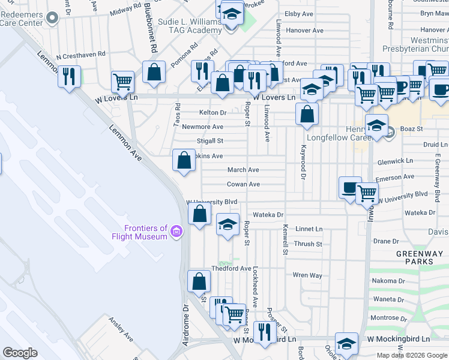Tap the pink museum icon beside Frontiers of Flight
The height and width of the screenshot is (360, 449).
(x=176, y=232)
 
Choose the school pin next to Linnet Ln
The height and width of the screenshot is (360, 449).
(x=228, y=224)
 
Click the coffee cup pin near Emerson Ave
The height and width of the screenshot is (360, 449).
(x=351, y=187)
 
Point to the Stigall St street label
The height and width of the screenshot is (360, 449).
(x=211, y=141)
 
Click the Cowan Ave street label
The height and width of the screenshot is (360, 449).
(x=243, y=184)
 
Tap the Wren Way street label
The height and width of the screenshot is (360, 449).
(x=307, y=275)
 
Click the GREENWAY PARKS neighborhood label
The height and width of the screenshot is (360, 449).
(x=415, y=258)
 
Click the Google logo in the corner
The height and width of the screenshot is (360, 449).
(x=20, y=353)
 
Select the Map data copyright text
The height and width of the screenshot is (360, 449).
(x=411, y=355)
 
